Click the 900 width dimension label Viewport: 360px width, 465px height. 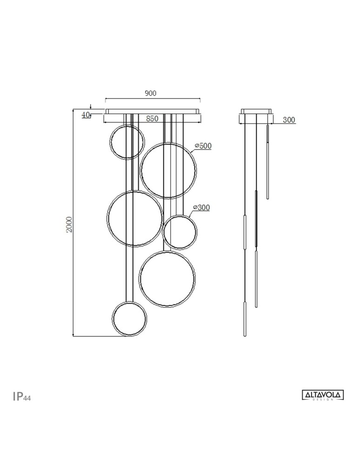point(150,93)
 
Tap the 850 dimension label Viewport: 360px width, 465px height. point(152,119)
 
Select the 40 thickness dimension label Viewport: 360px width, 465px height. point(86,114)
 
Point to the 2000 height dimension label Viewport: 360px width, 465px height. point(69,225)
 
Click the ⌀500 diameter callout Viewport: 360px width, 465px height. point(203,146)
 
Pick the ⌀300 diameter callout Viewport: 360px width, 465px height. point(201,207)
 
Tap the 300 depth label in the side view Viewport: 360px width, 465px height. point(289,120)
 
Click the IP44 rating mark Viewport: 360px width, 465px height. point(22,396)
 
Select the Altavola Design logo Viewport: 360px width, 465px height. point(323,395)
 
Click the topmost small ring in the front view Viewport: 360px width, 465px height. point(127,142)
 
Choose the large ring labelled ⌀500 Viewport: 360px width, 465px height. point(168,171)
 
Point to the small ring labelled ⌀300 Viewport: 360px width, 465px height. point(180,232)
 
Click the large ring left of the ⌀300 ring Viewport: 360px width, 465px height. point(134,219)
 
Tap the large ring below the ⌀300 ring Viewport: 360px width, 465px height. point(167,279)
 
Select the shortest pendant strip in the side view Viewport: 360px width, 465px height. point(267,161)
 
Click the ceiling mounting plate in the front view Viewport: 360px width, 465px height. point(153,112)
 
